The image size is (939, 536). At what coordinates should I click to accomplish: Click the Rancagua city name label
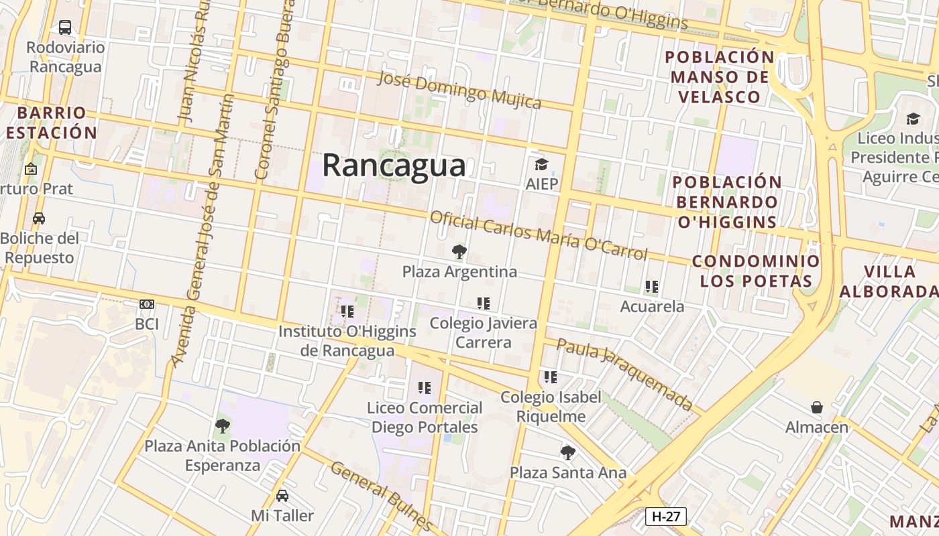[x=394, y=165]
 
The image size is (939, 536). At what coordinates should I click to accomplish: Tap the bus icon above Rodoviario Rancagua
[x=65, y=27]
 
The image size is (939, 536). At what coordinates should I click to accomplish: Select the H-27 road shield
[x=665, y=516]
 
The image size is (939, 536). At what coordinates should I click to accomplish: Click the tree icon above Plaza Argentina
[x=459, y=252]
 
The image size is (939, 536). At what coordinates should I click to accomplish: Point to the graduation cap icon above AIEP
[x=541, y=164]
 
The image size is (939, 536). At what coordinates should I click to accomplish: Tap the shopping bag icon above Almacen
[x=817, y=407]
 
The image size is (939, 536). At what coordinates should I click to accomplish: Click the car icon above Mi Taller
[x=282, y=496]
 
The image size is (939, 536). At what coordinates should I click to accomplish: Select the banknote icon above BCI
[x=147, y=304]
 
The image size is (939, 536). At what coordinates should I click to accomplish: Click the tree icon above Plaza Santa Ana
[x=568, y=453]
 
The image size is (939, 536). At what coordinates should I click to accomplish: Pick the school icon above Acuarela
[x=652, y=287]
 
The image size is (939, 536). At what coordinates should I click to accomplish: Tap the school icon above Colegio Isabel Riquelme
[x=551, y=377]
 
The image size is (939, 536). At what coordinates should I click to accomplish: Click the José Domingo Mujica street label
[x=459, y=90]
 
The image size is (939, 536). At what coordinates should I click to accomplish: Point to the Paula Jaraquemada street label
[x=624, y=374]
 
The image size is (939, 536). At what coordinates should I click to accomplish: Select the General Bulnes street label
[x=381, y=494]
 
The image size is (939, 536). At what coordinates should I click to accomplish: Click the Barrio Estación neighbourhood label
[x=52, y=122]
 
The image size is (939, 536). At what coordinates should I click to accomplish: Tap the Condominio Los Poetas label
[x=756, y=271]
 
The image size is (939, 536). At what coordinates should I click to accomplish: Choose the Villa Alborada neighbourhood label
[x=889, y=281]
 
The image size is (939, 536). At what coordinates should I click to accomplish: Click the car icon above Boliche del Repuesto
[x=40, y=218]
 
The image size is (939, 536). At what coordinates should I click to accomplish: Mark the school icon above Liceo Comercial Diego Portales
[x=425, y=388]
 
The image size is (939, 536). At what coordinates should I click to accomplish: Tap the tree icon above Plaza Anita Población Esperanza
[x=223, y=425]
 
